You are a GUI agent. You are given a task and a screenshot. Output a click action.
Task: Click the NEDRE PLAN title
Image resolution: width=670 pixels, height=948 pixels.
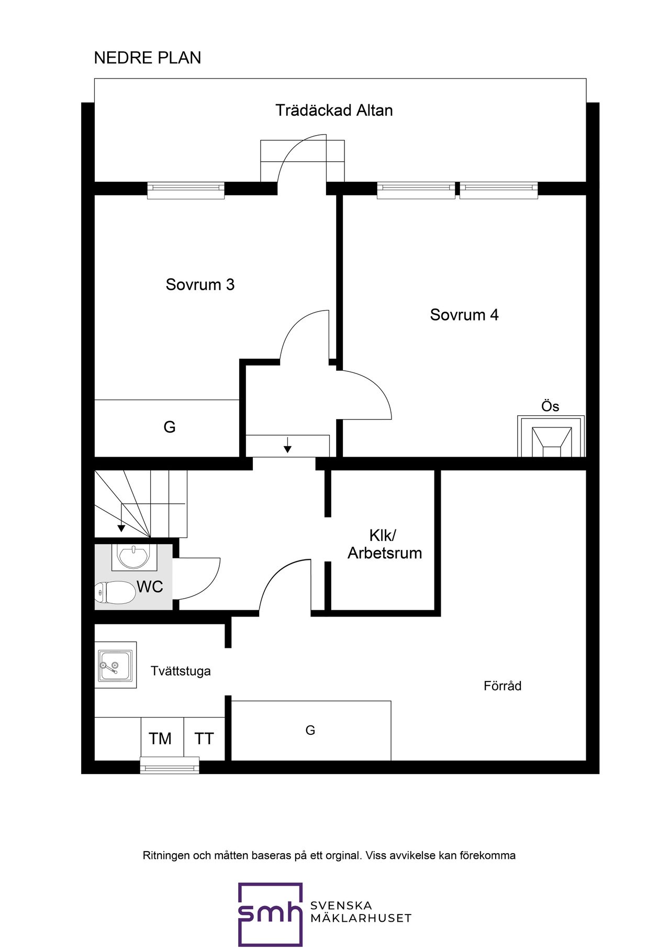pos(148,58)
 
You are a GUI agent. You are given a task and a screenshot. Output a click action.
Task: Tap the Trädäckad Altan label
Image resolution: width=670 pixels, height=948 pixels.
pos(334,111)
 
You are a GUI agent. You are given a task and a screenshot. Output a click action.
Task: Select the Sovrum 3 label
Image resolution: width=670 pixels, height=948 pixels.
pos(200,284)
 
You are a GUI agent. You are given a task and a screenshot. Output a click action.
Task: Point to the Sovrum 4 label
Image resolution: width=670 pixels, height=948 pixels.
pos(464,315)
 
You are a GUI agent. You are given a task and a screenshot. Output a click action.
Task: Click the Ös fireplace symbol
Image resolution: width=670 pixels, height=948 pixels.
pos(551,436)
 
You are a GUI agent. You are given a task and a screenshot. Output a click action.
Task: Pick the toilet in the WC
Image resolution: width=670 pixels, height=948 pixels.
pos(115,592)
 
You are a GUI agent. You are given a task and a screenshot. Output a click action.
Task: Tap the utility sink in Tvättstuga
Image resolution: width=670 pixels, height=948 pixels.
pos(116,665)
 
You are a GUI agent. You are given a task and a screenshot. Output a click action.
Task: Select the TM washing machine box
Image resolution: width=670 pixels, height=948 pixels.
pos(162,738)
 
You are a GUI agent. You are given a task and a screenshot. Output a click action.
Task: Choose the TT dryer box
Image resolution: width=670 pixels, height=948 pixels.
pos(204,738)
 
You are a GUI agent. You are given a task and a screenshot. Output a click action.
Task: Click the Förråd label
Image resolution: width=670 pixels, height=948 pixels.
pos(502,686)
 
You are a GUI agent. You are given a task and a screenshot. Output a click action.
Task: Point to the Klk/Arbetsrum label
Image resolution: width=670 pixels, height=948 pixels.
pos(385,544)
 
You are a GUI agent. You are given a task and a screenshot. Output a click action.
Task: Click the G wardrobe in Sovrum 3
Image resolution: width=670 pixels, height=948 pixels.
pos(167,428)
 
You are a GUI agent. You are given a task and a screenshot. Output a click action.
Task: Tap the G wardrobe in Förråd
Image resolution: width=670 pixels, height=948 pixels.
pos(311,731)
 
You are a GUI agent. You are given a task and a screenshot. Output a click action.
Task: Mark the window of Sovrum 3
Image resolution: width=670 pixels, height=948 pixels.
pos(186,190)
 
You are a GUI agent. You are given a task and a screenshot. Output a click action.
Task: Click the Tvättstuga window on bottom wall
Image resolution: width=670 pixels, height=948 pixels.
pos(170,765)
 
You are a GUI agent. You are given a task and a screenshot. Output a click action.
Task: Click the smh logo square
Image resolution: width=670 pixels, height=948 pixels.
pos(271,914)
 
